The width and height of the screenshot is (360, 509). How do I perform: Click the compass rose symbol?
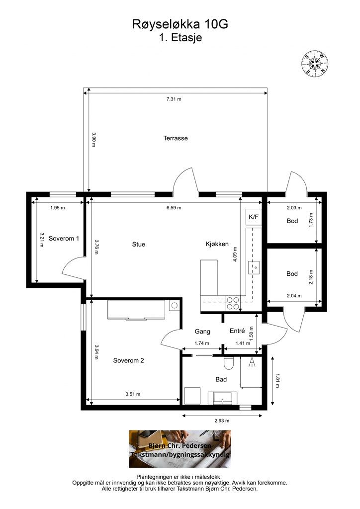coord(315,63)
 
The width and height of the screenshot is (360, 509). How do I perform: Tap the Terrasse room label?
coord(176,138)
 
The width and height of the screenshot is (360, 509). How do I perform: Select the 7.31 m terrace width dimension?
coord(174,99)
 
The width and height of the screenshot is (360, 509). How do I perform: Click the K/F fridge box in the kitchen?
coord(254,217)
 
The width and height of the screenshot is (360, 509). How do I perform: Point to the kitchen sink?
coord(255,267)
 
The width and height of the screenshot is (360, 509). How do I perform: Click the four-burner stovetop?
coord(233,303)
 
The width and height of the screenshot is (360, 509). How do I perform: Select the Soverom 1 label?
coord(64,239)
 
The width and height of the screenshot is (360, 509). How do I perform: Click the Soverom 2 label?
coord(128,360)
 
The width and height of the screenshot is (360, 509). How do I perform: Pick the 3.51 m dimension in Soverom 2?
coord(133,394)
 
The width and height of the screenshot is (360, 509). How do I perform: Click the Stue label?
coord(139,245)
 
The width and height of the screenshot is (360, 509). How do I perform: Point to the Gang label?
coord(202,332)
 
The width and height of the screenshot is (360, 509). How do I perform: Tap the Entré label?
coord(237,331)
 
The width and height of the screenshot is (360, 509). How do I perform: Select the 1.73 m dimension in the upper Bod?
coord(311,220)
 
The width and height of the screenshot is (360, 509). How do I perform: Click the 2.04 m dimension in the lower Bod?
coord(294,296)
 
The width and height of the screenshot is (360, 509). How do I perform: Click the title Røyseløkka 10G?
coord(180,24)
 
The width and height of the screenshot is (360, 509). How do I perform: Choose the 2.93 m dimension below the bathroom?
coord(222,421)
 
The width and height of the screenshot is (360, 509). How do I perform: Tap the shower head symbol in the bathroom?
coord(252,362)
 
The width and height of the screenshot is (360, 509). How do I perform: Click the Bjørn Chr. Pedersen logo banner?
coord(180,449)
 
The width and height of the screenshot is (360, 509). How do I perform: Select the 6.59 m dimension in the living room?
coord(174,208)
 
